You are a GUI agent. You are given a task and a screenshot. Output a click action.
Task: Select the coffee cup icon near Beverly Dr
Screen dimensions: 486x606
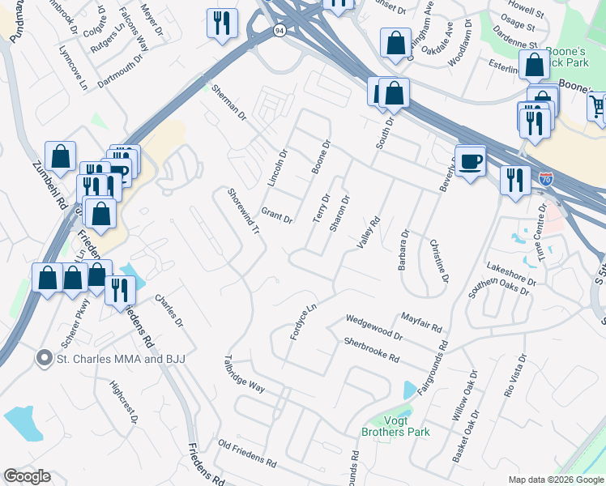tap(470, 162)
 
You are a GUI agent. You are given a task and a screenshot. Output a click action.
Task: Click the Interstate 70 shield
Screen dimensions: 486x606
tap(546, 179)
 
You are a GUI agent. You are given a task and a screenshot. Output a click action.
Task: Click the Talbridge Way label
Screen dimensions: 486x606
tap(245, 373)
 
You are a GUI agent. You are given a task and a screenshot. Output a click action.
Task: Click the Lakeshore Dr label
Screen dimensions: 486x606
tap(511, 275)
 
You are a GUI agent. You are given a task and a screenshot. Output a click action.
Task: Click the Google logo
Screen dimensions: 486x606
tap(27, 476)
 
